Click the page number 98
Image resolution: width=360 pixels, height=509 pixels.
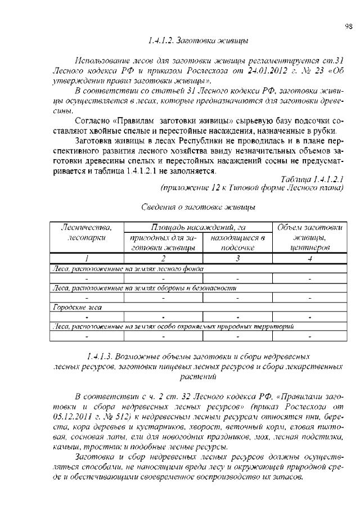point(348,26)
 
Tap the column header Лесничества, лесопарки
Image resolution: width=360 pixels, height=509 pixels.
point(87,232)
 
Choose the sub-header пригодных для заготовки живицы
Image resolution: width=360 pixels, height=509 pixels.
point(162,242)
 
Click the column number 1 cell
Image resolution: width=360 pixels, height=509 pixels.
point(87,258)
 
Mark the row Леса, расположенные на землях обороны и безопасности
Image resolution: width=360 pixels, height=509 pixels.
point(143,288)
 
